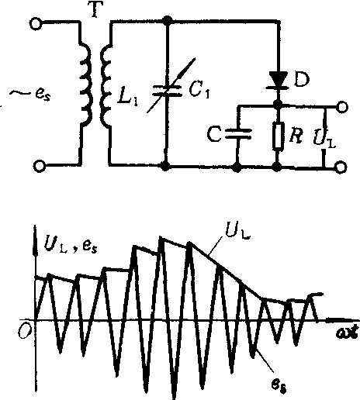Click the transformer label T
point(97,9)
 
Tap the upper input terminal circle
point(36,23)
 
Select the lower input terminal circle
point(40,166)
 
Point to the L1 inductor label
point(128,98)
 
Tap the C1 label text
point(199,91)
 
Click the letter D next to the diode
point(302,79)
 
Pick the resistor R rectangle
point(278,136)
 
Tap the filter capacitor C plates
point(237,134)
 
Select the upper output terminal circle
point(341,107)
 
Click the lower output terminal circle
point(341,167)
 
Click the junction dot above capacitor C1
point(168,20)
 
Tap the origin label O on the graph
point(25,330)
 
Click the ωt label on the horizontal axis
point(348,332)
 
